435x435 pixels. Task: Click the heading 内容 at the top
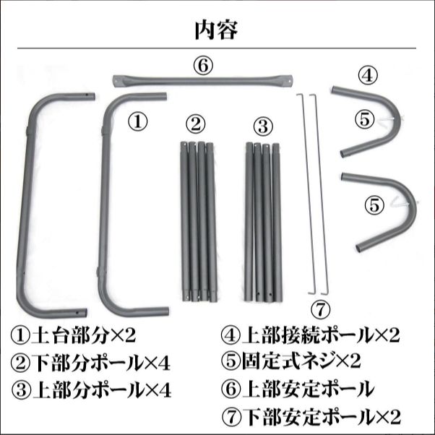(216, 30)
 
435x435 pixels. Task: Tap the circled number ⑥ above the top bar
(203, 66)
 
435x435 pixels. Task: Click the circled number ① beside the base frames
(137, 121)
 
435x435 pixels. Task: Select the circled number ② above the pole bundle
(196, 124)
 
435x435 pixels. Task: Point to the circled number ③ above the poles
(263, 126)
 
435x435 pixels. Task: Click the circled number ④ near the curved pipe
(368, 75)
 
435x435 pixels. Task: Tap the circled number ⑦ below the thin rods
(320, 311)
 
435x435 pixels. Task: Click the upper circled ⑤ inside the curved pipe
(364, 119)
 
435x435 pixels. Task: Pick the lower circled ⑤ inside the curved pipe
(374, 205)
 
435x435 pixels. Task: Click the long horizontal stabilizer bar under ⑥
(202, 81)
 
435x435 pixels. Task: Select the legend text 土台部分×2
(84, 336)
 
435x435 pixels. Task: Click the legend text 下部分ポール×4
(101, 363)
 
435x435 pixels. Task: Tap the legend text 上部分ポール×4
(102, 389)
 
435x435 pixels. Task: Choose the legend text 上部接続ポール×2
(321, 335)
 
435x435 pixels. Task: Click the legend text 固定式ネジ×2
(301, 361)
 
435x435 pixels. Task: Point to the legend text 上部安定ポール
(308, 389)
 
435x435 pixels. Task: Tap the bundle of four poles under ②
(198, 222)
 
